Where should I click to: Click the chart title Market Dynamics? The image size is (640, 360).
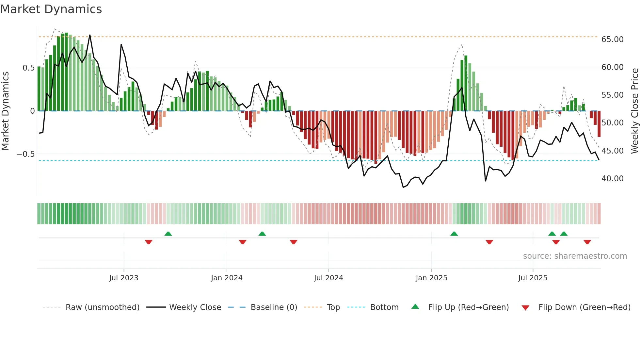[51, 9]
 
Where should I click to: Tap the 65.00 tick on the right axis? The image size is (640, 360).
[612, 40]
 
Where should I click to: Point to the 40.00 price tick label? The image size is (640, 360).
[612, 179]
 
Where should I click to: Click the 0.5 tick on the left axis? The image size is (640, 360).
[28, 68]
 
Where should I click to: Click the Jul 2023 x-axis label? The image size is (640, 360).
[124, 278]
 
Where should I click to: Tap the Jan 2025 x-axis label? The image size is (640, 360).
[431, 278]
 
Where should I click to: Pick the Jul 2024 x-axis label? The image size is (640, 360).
[328, 278]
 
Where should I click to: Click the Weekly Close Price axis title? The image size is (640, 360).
[634, 111]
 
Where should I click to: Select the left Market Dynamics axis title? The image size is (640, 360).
[5, 111]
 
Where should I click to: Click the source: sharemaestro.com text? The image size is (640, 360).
[575, 256]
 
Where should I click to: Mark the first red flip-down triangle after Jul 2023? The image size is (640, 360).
[149, 242]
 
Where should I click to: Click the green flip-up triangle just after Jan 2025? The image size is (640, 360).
[454, 234]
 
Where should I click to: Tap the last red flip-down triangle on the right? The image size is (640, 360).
[587, 242]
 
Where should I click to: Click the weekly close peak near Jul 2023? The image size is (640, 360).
[121, 45]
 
